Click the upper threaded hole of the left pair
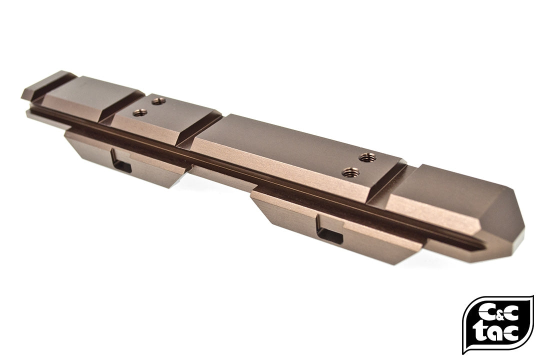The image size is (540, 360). tap(158, 101)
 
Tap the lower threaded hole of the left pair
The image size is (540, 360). tap(140, 112)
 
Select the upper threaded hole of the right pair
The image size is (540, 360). tap(368, 157)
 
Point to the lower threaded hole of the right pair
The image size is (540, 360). tap(350, 173)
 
